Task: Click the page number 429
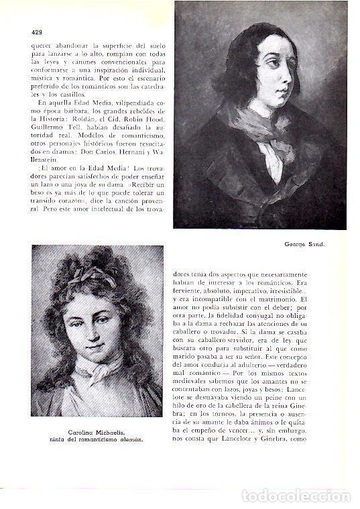point(38,32)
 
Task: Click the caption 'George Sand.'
point(303,243)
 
